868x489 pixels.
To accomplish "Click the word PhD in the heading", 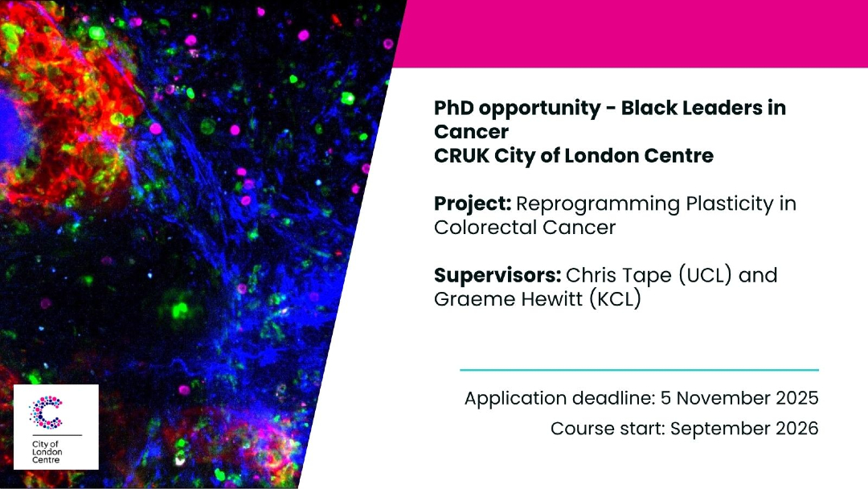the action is [452, 108].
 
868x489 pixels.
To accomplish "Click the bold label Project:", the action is [473, 203].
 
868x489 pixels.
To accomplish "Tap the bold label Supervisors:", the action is [497, 275].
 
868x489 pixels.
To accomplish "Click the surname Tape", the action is [645, 275].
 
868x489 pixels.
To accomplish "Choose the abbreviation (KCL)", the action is [615, 300].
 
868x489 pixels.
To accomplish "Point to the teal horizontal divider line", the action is [640, 369].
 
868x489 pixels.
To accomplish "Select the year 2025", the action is [796, 398].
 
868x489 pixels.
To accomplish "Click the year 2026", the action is [796, 429].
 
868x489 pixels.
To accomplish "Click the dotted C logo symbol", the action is [46, 413].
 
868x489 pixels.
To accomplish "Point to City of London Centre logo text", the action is [47, 452].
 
